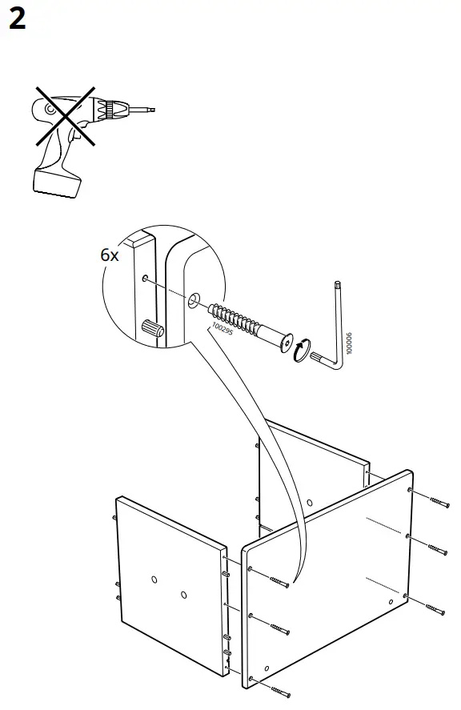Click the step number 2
click(x=17, y=19)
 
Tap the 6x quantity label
click(x=110, y=255)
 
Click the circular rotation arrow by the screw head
click(x=300, y=350)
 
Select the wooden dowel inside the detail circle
click(x=151, y=327)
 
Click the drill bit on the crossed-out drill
click(x=145, y=109)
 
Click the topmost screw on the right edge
click(x=432, y=501)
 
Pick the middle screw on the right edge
click(x=431, y=549)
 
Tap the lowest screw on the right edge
click(x=429, y=608)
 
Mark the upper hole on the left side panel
click(x=154, y=579)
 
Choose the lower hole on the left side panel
click(x=183, y=595)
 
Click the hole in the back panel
click(x=310, y=503)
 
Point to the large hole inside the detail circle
click(x=193, y=302)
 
